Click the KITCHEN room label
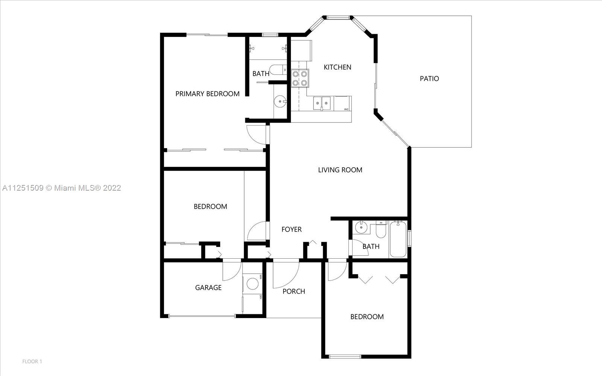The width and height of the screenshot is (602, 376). coord(337,67)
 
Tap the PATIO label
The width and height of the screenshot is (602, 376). coord(429,79)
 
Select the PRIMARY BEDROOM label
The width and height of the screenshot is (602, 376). coord(207,94)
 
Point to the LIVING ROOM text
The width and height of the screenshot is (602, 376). coord(340,170)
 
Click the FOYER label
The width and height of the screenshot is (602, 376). coord(291,229)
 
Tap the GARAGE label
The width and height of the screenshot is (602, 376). coord(208,288)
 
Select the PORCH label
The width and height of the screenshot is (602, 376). coord(293,291)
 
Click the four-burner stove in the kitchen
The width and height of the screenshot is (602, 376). coord(300,78)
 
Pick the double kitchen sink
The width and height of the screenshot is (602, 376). coord(322,103)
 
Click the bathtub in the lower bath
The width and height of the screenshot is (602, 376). coord(398,239)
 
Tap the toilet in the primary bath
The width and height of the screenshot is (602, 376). coord(278,70)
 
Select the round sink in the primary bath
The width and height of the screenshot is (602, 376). coord(280,102)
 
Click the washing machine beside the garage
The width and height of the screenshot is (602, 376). coord(252,284)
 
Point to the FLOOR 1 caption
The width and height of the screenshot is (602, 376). coord(32,361)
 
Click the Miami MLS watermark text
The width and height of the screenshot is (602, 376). coord(62,188)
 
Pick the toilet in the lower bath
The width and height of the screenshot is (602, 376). coord(381,230)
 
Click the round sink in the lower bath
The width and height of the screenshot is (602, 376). coord(361,227)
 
